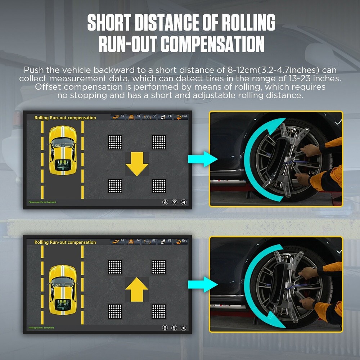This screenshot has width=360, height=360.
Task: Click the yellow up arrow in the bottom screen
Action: tap(137, 288)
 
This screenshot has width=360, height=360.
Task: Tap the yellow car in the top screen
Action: tap(63, 150)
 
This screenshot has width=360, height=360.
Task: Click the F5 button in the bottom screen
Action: tap(118, 241)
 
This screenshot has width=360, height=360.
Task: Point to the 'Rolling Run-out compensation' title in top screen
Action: tap(65, 118)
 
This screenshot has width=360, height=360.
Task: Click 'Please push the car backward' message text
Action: tap(42, 202)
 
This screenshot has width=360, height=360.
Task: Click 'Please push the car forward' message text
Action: tap(41, 328)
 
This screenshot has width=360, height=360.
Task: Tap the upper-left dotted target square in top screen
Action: tap(115, 142)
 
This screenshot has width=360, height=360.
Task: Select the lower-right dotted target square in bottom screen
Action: tap(159, 311)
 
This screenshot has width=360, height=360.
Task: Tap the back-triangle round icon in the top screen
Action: tap(183, 202)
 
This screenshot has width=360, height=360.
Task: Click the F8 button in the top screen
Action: tap(166, 117)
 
